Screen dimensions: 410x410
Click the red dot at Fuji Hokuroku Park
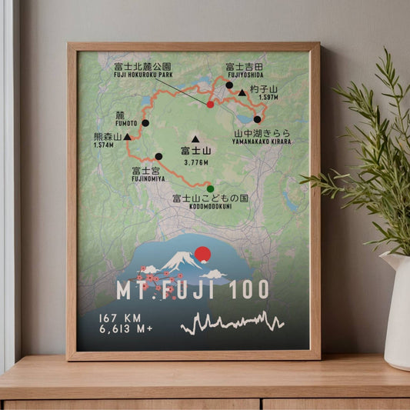[211, 104]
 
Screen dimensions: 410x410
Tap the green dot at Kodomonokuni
[210, 188]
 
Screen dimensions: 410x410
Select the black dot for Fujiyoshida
[229, 85]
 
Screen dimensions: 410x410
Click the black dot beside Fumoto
[145, 122]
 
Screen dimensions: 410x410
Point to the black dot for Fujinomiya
[158, 156]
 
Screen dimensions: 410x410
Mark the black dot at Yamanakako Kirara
[257, 119]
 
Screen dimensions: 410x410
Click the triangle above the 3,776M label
[195, 139]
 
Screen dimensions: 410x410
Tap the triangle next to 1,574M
[126, 136]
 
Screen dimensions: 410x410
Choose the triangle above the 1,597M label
[242, 93]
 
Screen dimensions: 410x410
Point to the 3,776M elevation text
[196, 163]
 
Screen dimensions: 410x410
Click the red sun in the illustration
[203, 254]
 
